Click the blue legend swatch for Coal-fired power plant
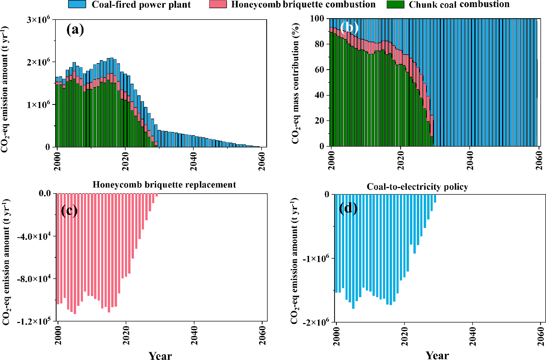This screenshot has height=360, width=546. click(x=77, y=4)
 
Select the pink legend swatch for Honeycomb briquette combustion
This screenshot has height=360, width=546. click(x=218, y=4)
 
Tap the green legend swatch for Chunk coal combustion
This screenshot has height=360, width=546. click(x=395, y=4)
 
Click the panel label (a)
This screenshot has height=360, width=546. click(x=75, y=29)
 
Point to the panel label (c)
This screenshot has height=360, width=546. click(x=69, y=211)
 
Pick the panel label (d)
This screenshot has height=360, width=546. click(x=348, y=208)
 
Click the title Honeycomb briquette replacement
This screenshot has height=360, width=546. click(x=164, y=185)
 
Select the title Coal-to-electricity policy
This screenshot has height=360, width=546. click(x=417, y=187)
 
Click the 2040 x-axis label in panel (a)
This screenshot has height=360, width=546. click(x=194, y=161)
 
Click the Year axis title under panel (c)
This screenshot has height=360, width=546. click(x=160, y=356)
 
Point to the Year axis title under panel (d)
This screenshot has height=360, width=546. click(x=437, y=356)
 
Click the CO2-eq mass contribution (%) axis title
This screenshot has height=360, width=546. click(x=296, y=83)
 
